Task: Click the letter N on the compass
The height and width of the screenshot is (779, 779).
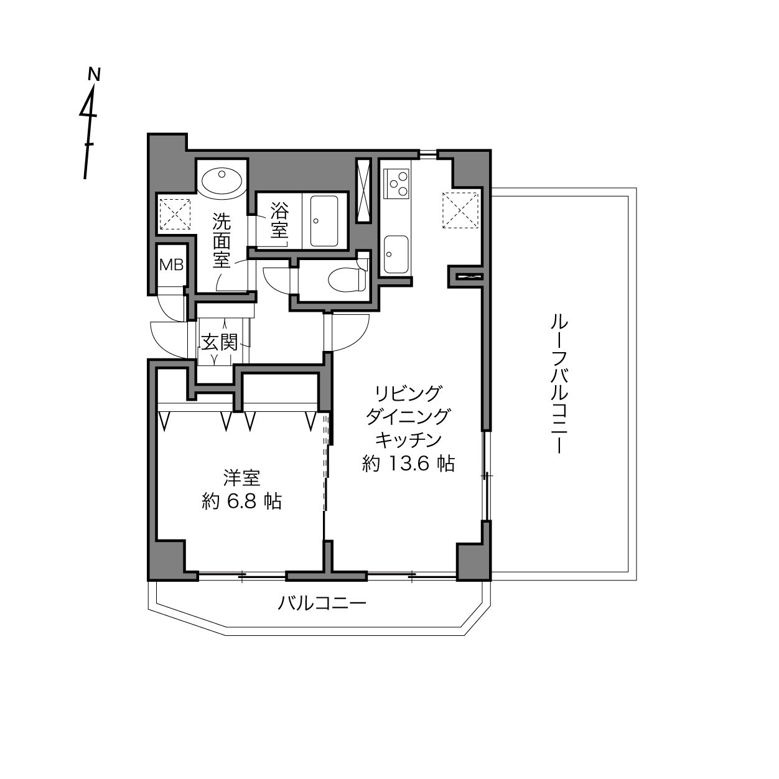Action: click(94, 74)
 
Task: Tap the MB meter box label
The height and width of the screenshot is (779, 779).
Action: click(171, 265)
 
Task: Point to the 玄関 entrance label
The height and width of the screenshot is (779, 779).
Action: click(220, 343)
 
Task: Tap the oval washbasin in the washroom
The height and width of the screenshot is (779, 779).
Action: click(222, 182)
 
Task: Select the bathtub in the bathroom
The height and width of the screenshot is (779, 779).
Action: click(324, 221)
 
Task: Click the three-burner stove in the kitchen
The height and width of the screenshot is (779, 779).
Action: click(397, 184)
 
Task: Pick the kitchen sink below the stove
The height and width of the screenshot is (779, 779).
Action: click(396, 254)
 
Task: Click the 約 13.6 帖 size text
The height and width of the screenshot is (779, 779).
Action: click(408, 464)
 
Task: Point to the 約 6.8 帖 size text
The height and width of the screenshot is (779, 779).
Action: click(241, 501)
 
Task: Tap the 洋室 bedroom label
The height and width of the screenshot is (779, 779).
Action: click(241, 478)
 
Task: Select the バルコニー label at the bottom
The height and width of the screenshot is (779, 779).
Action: click(322, 604)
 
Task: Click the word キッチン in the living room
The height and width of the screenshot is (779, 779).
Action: click(408, 440)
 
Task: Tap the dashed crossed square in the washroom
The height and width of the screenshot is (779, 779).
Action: click(175, 214)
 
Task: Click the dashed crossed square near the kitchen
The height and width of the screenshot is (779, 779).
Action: click(460, 210)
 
